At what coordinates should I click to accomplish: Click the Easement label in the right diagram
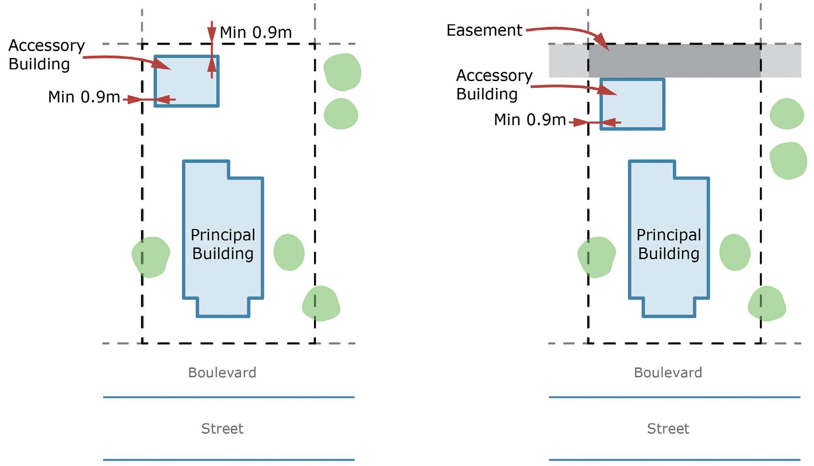coord(484,30)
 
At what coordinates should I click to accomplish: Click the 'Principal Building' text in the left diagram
coord(223,244)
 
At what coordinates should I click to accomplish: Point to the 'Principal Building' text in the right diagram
coord(669,244)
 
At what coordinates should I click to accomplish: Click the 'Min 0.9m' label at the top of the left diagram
coord(256,32)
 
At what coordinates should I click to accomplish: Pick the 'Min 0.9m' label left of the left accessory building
coord(84,97)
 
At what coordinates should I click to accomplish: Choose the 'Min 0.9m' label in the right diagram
coord(530,120)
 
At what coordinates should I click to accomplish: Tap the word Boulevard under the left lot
coord(222,373)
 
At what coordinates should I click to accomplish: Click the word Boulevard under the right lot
coord(668,373)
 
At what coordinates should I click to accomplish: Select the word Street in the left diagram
coord(222,429)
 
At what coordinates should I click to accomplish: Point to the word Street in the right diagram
coord(668,429)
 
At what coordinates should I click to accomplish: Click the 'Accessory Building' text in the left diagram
coord(46,54)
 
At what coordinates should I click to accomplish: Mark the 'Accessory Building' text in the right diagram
coord(494,84)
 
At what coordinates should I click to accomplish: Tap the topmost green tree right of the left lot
coord(343,72)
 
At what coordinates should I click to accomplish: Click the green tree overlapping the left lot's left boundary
coord(151,257)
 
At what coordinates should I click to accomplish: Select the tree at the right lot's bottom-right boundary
coord(767,304)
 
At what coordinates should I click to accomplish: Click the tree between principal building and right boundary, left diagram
coord(289,252)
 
